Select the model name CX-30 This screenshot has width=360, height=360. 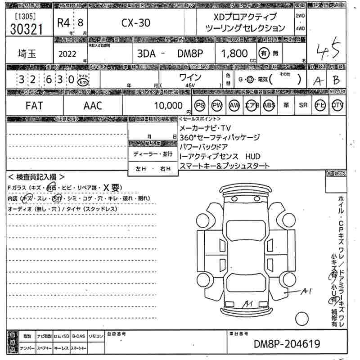[x=136, y=23]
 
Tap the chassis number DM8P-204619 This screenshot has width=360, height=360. [x=287, y=344]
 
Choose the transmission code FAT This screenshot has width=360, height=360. [x=34, y=106]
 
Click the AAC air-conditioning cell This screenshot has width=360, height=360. [x=93, y=106]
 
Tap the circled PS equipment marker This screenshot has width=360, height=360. [x=200, y=105]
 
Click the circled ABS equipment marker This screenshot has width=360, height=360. [x=269, y=105]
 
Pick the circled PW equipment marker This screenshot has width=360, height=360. [x=217, y=105]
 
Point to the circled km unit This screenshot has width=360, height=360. [x=83, y=82]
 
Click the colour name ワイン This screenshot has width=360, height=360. [x=190, y=77]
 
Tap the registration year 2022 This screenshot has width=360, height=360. [x=67, y=54]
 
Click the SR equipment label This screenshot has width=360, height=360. [x=303, y=105]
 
